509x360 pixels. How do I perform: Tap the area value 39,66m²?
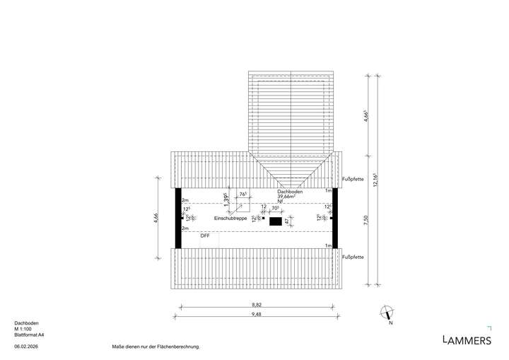click(290, 197)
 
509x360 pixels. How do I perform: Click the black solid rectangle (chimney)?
click(276, 221)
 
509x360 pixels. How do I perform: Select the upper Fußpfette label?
click(352, 179)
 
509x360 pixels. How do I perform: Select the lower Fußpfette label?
click(352, 257)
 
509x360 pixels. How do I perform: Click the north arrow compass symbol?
click(387, 311)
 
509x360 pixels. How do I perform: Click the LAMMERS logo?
click(467, 340)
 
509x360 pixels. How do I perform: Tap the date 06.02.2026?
click(26, 347)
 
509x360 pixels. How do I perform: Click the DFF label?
click(205, 236)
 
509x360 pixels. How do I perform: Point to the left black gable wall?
click(178, 218)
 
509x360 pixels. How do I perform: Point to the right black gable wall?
click(335, 218)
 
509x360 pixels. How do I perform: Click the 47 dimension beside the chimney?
click(288, 221)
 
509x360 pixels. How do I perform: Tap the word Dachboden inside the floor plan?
click(290, 191)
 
